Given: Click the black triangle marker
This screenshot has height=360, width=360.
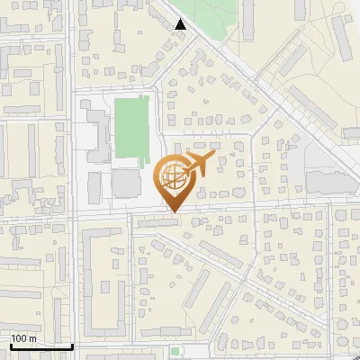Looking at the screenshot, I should pos(181,24).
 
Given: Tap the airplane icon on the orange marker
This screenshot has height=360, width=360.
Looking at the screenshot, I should pos(197,165).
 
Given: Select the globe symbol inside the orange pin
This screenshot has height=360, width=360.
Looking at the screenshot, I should pos(172,179).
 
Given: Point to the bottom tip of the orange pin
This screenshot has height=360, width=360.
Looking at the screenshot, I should pos(172,212).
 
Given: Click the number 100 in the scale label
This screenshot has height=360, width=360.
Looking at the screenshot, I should pos(20,338).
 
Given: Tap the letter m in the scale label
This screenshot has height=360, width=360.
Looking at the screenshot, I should pos(33,338).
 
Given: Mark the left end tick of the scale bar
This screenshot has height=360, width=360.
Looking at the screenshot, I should pos(10,346).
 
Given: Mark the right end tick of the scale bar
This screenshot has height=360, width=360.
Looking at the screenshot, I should pos(73,346).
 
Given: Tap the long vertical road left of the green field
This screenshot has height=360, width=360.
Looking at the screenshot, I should pos(72,135).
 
